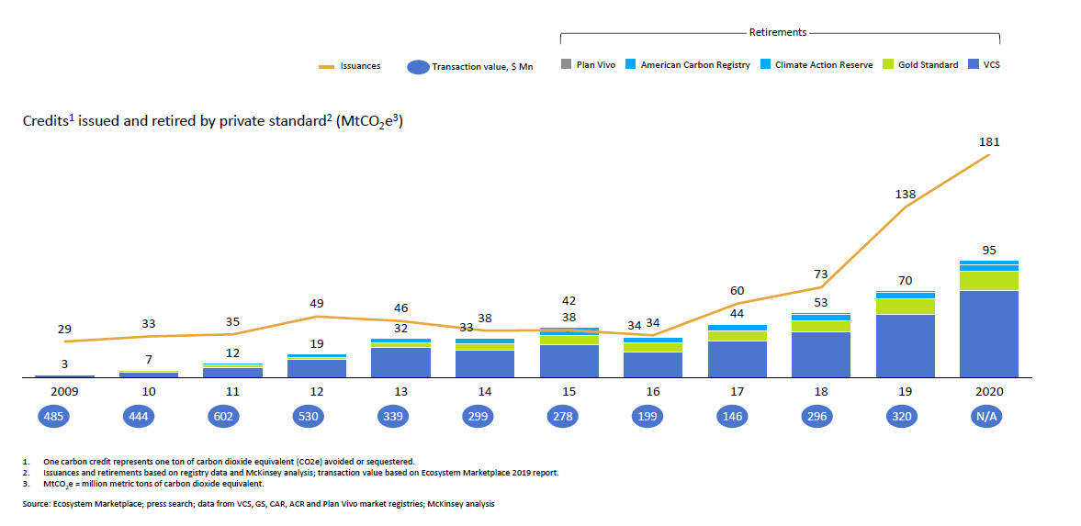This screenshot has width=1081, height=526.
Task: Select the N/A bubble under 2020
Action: click(x=988, y=417)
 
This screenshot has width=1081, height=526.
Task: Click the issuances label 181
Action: click(x=988, y=142)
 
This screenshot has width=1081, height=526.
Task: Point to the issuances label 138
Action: click(x=906, y=195)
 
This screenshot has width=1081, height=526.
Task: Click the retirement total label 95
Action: click(x=988, y=251)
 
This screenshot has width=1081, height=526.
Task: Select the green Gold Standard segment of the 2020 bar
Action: click(x=988, y=281)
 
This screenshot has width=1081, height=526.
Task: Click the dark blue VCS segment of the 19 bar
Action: click(x=906, y=346)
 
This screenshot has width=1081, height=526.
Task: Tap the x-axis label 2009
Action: click(x=65, y=392)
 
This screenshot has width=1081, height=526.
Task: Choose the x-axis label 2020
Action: click(x=988, y=392)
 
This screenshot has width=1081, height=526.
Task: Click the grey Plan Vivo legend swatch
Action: click(x=566, y=65)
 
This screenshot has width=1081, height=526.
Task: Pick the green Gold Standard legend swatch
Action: click(x=888, y=65)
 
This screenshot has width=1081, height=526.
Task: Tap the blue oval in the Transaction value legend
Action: click(x=418, y=68)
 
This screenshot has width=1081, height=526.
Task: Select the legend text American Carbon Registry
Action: click(x=695, y=65)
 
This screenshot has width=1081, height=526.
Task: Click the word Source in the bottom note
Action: click(x=35, y=505)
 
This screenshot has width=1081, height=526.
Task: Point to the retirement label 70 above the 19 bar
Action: click(x=906, y=281)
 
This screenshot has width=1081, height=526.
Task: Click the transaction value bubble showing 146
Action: click(x=737, y=417)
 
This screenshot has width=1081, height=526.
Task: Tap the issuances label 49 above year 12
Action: click(x=317, y=303)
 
